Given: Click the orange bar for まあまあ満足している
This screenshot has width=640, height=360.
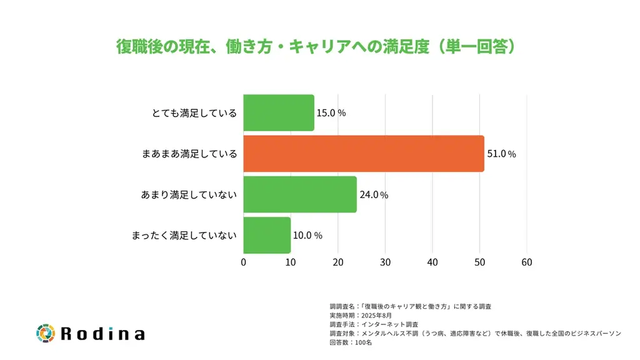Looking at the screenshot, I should (x=363, y=154).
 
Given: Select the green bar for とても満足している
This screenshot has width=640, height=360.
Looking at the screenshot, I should (x=278, y=113).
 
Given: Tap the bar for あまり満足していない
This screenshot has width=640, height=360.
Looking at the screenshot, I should (x=299, y=194).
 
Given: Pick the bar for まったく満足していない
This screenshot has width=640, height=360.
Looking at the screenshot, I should (x=267, y=236).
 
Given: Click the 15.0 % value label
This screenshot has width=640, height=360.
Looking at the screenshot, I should (x=331, y=113).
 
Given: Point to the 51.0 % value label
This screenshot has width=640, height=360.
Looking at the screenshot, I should (x=501, y=154).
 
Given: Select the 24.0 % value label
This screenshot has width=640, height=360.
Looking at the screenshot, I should (x=374, y=194).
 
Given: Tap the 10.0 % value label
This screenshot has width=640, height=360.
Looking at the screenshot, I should (x=307, y=236).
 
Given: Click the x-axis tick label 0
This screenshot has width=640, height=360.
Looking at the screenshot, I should (x=243, y=262).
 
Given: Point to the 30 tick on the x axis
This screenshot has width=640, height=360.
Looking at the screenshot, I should (x=385, y=262).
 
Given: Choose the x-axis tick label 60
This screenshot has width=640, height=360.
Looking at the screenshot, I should (x=527, y=262).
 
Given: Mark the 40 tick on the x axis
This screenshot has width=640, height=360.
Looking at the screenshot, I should (x=432, y=262).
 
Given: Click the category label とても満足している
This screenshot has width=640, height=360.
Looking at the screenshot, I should (x=194, y=113).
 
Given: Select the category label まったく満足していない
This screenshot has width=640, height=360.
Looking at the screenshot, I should (x=184, y=236).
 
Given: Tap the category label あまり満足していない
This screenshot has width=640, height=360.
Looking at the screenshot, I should (x=189, y=194).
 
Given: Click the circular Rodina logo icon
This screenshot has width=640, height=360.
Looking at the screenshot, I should (x=46, y=333).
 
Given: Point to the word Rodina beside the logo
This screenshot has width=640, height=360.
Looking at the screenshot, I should (x=102, y=334).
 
